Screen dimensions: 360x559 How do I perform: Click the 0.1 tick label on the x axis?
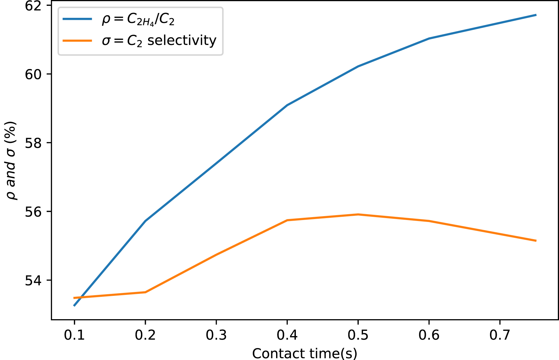(74, 335)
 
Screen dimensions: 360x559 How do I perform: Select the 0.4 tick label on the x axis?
(287, 335)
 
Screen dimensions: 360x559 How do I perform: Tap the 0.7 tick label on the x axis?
(500, 335)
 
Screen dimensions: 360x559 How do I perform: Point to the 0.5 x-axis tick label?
(358, 335)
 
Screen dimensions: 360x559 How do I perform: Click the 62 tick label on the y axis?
(33, 6)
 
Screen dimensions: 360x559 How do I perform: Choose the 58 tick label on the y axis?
(33, 143)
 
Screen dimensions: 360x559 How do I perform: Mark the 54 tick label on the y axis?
(33, 280)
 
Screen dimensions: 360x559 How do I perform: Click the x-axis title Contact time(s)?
(305, 353)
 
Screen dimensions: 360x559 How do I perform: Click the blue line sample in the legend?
(77, 19)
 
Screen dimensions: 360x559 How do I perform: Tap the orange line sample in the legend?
(77, 41)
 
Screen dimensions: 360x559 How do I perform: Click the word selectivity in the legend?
(182, 41)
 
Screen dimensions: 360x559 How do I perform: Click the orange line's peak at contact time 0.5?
(358, 214)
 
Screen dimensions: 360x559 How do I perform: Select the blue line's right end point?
(536, 15)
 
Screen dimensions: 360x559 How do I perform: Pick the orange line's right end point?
(536, 241)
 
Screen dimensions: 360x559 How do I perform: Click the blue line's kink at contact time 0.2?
(146, 221)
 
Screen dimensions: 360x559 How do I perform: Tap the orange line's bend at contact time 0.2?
(146, 292)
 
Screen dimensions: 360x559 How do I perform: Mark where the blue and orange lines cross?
(79, 297)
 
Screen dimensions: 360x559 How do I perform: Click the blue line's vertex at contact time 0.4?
(287, 105)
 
